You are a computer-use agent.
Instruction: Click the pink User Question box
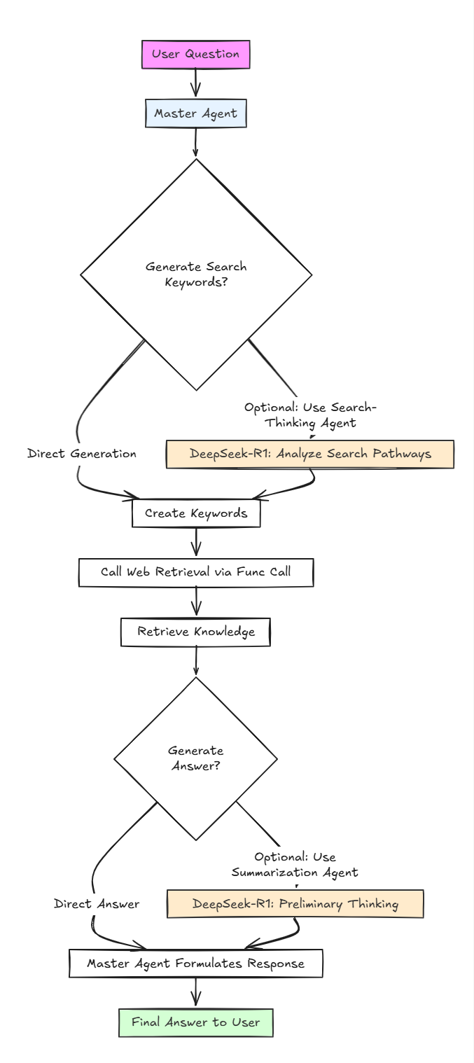(195, 55)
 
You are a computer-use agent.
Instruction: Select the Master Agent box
(195, 113)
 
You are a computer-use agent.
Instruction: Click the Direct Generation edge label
(82, 454)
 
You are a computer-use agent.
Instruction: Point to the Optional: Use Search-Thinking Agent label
(314, 414)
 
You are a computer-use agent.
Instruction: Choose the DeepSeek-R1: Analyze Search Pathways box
(310, 454)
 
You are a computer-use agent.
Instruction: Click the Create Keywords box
(196, 513)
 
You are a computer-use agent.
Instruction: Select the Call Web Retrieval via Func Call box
(195, 572)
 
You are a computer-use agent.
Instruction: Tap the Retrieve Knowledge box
(195, 632)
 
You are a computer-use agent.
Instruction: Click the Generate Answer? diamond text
(196, 758)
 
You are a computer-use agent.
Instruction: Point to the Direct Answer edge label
(97, 904)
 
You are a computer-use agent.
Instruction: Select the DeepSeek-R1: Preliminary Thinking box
(295, 904)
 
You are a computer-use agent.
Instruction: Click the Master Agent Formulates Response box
(195, 964)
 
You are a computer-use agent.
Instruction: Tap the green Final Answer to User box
(195, 1022)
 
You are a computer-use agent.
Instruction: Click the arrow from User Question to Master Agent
(195, 84)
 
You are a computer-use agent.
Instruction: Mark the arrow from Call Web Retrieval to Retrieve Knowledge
(195, 602)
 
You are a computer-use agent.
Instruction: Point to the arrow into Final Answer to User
(195, 993)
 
